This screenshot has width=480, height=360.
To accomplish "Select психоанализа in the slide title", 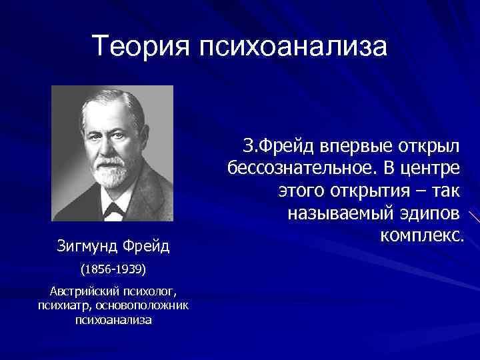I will click(291, 47).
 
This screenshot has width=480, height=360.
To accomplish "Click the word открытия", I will click(369, 191).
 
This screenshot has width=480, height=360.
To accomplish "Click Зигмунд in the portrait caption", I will click(85, 247).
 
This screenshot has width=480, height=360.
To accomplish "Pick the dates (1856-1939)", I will click(113, 271).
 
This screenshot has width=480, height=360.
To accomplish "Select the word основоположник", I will click(143, 306).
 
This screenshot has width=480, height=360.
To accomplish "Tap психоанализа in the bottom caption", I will click(113, 320).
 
